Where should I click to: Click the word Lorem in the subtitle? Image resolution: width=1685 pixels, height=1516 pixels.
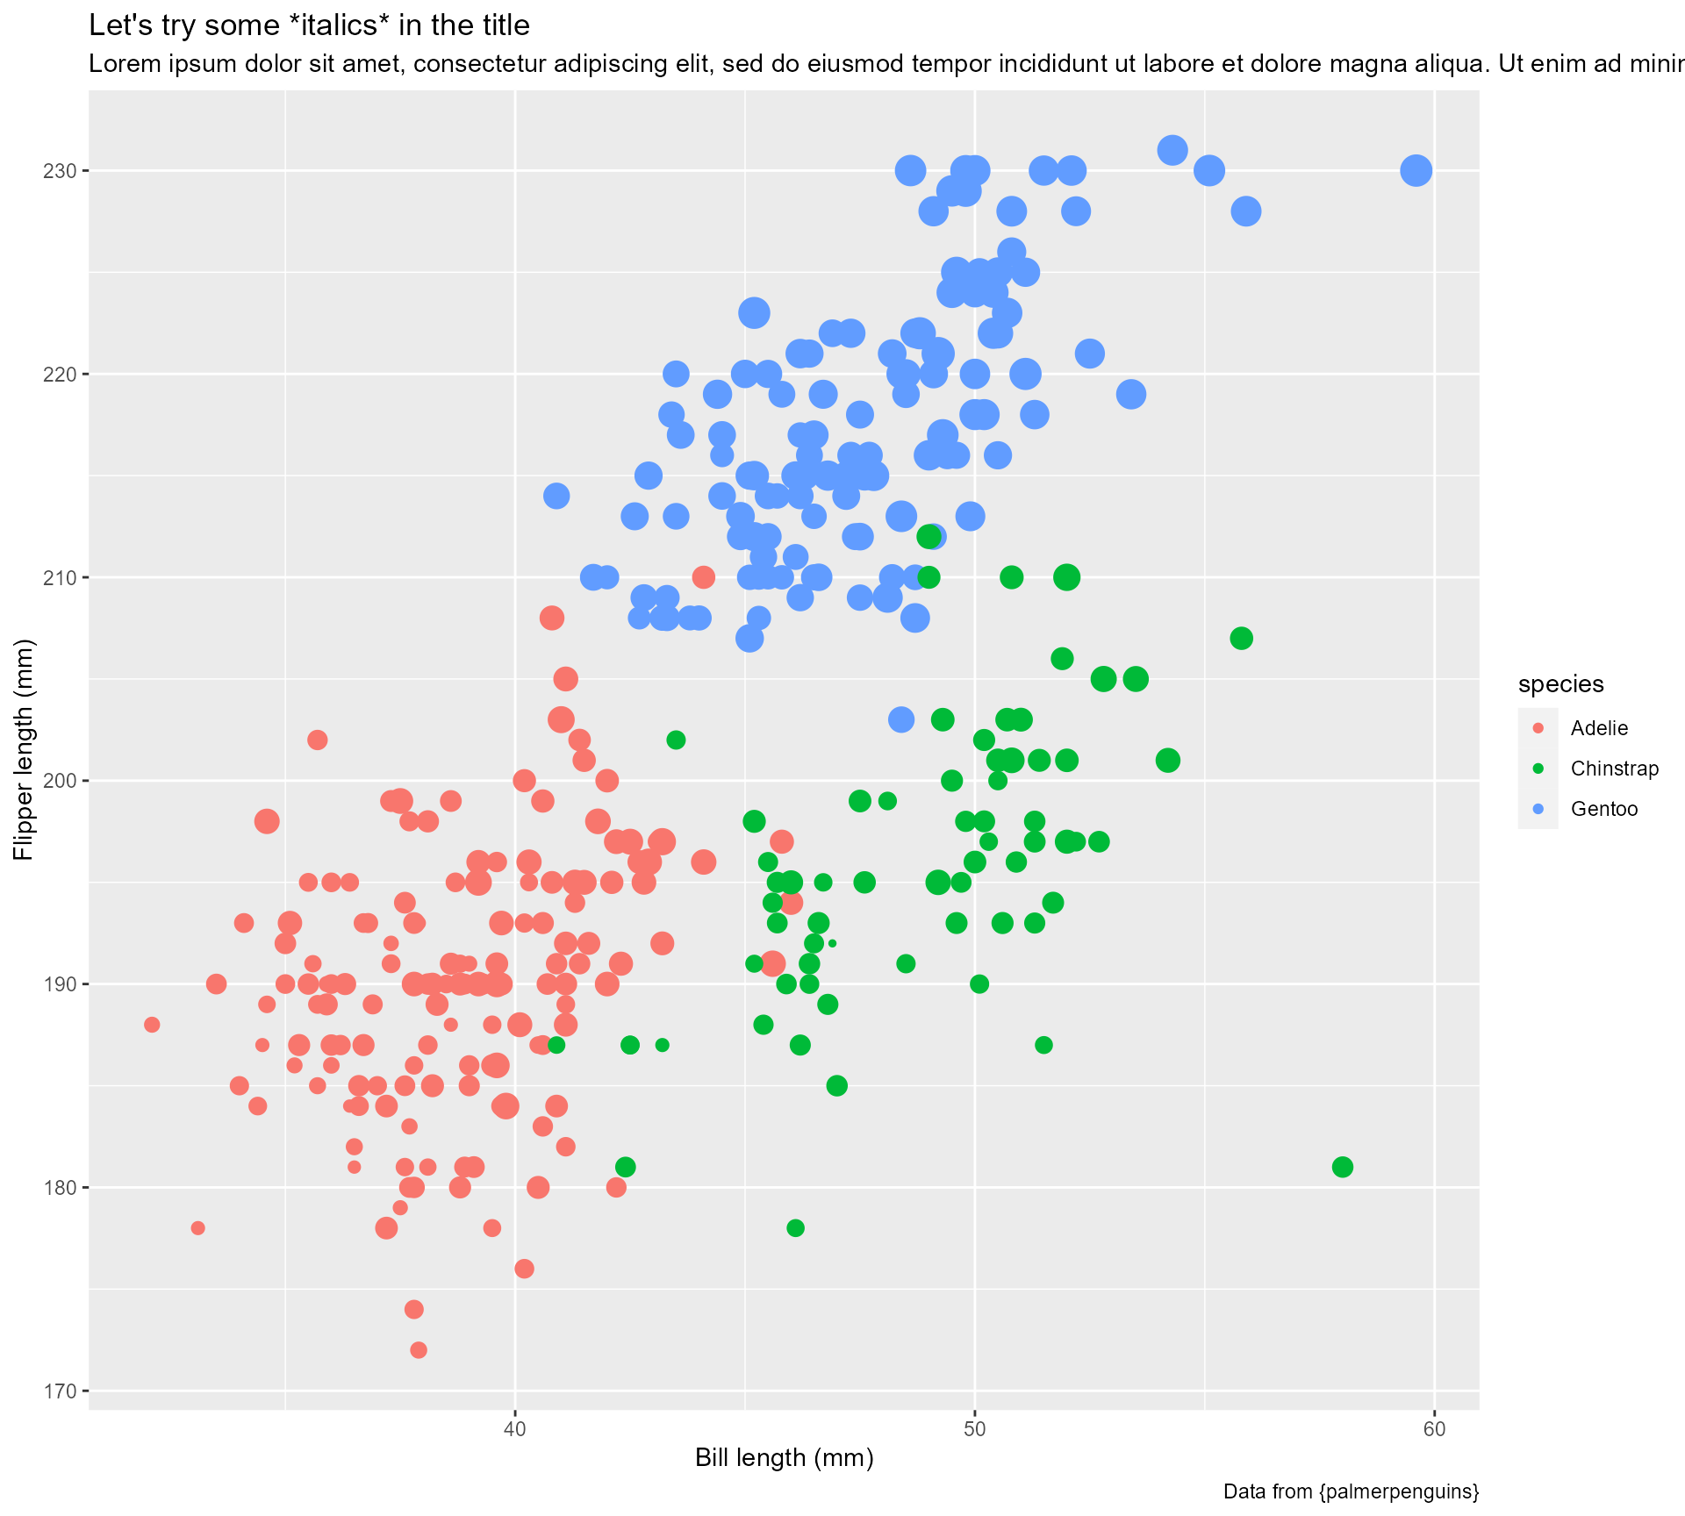point(120,64)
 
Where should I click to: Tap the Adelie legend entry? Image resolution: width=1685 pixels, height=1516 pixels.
point(1599,728)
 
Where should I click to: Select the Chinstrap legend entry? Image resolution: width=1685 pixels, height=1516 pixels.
point(1614,769)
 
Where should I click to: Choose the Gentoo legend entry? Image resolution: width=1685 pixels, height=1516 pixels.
point(1603,809)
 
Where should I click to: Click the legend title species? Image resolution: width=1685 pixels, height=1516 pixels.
point(1561,684)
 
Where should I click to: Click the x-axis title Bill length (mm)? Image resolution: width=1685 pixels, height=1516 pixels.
point(784,1458)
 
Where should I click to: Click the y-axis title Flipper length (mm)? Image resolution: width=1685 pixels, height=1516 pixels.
point(25,749)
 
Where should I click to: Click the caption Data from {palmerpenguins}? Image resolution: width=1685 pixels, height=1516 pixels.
point(1351,1491)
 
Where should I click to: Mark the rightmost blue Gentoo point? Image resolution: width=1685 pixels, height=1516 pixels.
point(1416,170)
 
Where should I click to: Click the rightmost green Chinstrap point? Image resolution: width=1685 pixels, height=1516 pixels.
point(1342,1167)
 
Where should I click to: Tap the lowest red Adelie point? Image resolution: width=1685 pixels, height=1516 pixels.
point(419,1350)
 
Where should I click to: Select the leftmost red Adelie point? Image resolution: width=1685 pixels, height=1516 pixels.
point(152,1025)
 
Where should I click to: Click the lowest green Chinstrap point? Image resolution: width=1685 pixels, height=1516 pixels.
point(795,1228)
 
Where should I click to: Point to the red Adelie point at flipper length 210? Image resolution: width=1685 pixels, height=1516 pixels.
point(703,577)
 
